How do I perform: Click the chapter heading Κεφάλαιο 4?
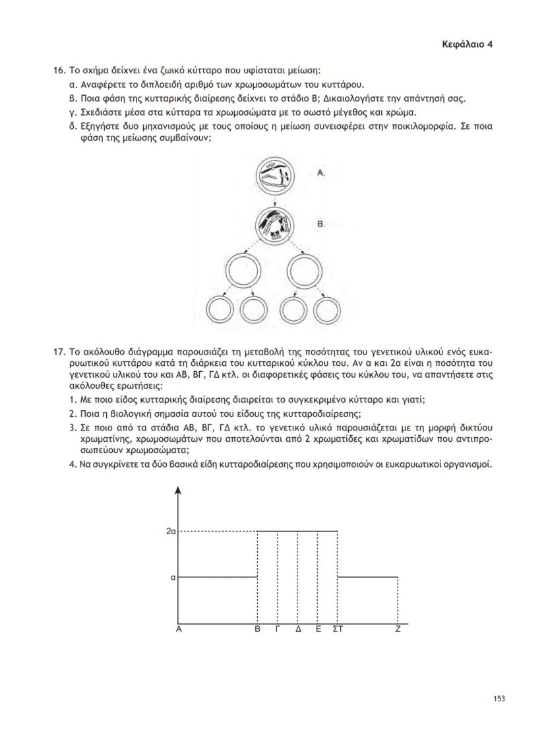click(467, 44)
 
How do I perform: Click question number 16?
click(60, 70)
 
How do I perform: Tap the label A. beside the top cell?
click(322, 172)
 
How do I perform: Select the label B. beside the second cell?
click(322, 225)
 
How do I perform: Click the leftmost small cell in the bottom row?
click(220, 310)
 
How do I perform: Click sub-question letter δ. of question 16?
click(73, 126)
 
